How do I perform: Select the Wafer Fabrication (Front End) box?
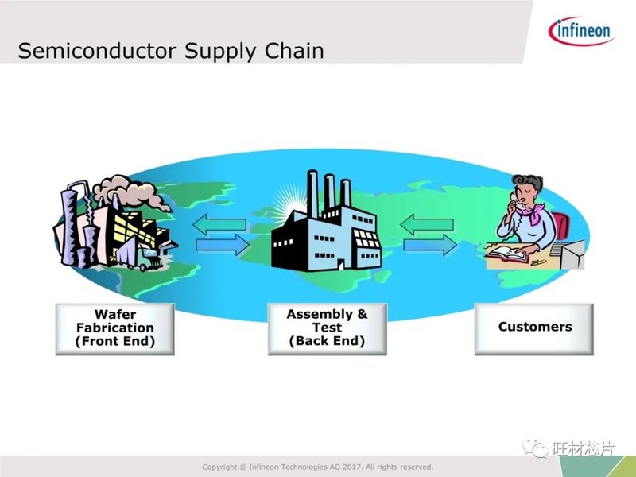114,327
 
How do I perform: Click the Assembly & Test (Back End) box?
327,327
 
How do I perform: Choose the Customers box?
534,327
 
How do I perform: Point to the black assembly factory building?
326,235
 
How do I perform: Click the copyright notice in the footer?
318,467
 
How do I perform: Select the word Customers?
534,327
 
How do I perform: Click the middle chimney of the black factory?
328,191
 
